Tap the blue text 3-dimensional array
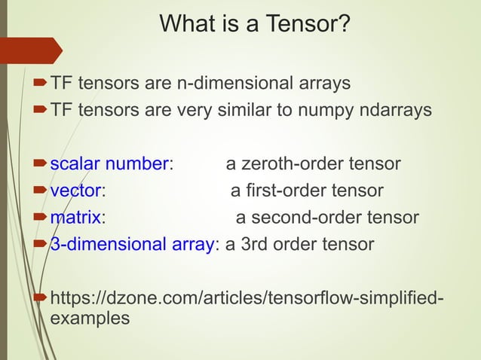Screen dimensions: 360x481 coord(132,245)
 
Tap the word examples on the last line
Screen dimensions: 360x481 coord(89,318)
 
